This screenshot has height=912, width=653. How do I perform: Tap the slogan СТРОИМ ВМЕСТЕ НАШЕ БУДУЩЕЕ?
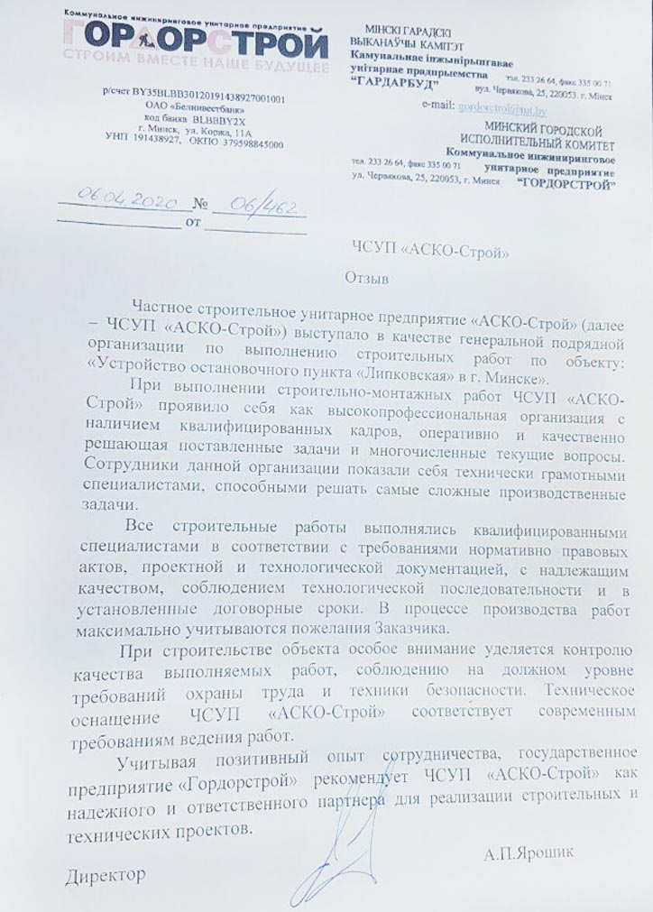[x=195, y=65]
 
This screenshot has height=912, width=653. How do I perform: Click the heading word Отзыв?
[x=367, y=280]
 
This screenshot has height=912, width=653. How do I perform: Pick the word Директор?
[x=105, y=875]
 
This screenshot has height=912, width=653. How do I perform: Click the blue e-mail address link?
[x=503, y=109]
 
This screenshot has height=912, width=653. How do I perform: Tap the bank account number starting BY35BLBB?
[x=195, y=98]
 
